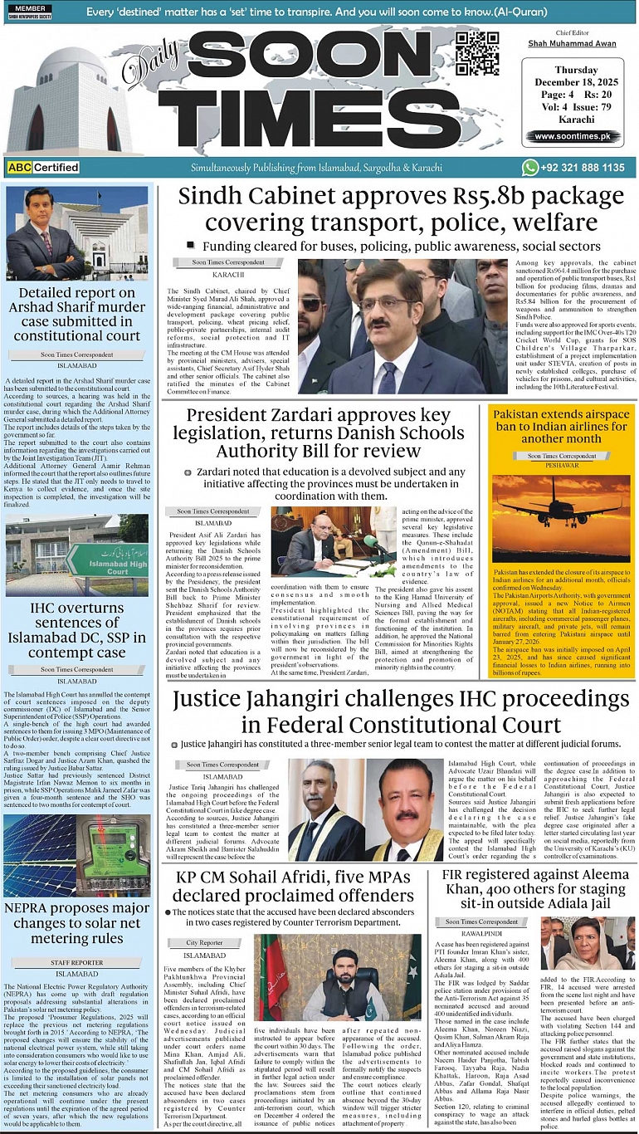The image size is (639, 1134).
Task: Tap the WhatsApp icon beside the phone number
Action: click(530, 168)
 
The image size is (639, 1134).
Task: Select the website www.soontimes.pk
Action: click(572, 136)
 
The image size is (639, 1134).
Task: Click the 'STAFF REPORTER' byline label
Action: click(76, 963)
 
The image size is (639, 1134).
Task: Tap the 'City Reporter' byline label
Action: click(204, 942)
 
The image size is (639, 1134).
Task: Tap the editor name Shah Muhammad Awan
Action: click(573, 43)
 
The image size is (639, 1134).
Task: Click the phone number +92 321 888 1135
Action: click(584, 168)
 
